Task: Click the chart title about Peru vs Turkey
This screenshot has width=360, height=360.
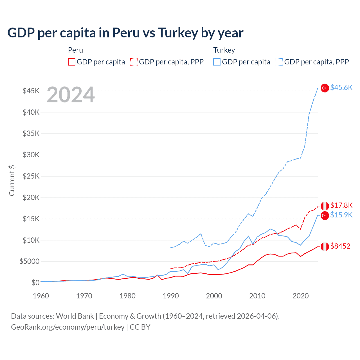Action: tap(125, 33)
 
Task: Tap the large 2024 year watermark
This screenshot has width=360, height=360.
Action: tap(71, 95)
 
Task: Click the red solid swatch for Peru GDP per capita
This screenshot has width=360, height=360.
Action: tap(72, 62)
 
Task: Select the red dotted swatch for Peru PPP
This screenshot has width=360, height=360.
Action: tap(134, 62)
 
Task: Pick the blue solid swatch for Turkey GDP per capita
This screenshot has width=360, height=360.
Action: tap(217, 62)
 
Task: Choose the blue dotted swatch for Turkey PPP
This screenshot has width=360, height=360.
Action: tap(279, 62)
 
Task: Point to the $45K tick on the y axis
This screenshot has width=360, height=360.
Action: tap(31, 91)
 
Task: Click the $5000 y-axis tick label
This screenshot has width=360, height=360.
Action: tap(29, 261)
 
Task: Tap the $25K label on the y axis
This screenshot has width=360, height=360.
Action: tap(31, 176)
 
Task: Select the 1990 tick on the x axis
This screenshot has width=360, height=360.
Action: tap(171, 296)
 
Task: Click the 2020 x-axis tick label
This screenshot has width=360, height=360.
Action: tap(301, 296)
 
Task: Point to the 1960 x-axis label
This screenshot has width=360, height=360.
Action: tap(41, 296)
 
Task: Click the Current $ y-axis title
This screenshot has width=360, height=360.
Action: tap(12, 181)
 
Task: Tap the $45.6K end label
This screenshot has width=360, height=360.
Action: tap(341, 88)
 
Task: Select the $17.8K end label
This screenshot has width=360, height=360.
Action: tap(341, 205)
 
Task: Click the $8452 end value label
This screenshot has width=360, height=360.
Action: tap(340, 246)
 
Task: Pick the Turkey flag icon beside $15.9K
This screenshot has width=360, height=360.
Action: tap(325, 215)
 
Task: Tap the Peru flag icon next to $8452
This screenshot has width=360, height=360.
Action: tap(325, 246)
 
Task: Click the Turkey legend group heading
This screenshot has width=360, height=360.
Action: tap(224, 50)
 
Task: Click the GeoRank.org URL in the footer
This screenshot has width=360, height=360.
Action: tap(67, 327)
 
